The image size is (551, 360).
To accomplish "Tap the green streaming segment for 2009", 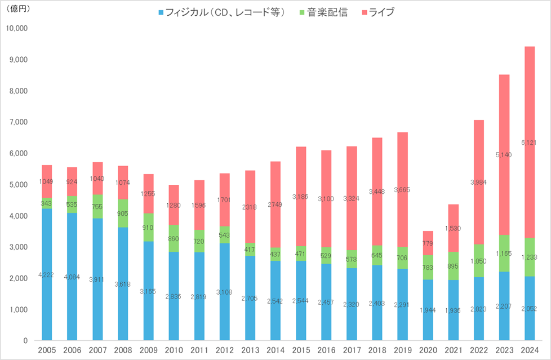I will (149, 227).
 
